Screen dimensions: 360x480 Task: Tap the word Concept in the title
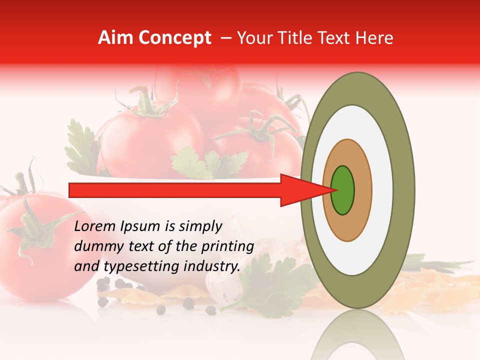coord(175,38)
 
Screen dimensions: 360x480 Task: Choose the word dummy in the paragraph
coord(95,246)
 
